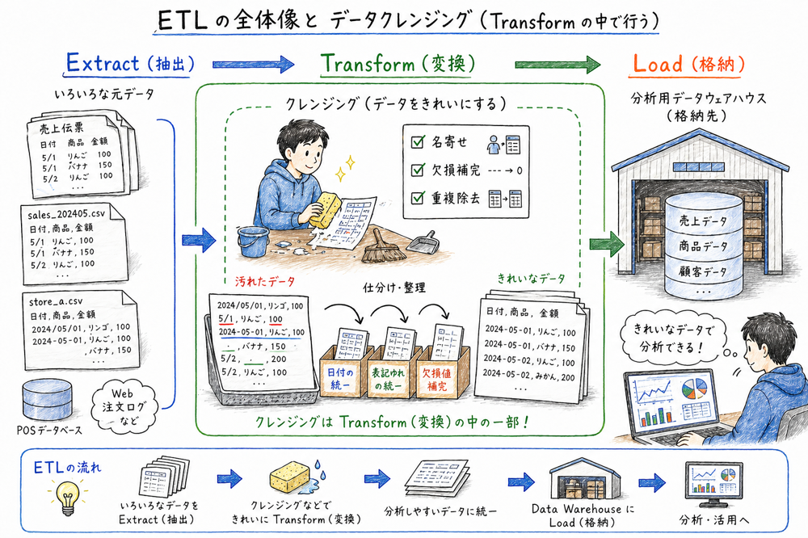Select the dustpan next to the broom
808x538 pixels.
click(421, 242)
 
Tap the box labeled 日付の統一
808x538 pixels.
click(344, 378)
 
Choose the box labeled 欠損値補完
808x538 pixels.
click(443, 378)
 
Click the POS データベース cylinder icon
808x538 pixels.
click(47, 396)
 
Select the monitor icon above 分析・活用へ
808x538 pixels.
click(713, 483)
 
